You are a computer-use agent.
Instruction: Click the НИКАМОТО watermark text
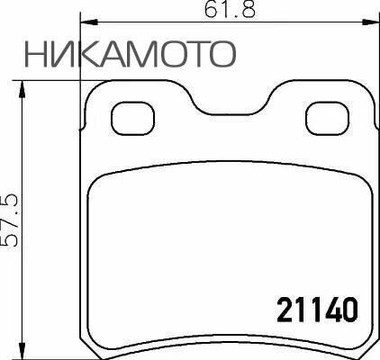[x=131, y=54]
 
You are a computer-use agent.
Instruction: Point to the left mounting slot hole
[x=131, y=116]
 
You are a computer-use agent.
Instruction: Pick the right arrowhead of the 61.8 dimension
[x=373, y=23]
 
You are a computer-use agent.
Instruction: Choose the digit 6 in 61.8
[x=213, y=11]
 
